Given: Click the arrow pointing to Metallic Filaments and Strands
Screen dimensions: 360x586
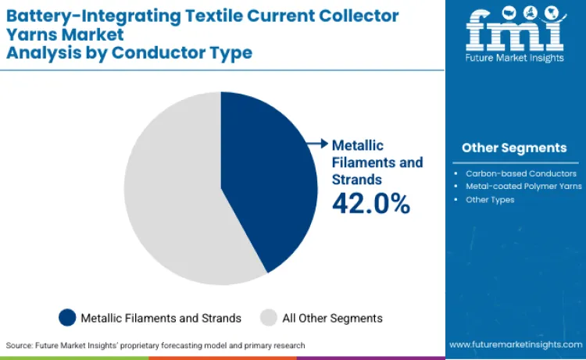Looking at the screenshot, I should pos(319,143).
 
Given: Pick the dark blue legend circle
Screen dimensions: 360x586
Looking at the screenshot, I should pos(68,318).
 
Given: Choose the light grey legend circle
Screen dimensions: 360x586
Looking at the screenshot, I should pos(268,318).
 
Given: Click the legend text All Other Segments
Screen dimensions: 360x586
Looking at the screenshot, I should pos(332,318).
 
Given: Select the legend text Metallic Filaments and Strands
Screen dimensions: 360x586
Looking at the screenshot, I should pos(161,318).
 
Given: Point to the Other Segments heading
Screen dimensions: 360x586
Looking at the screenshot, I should pos(514,148).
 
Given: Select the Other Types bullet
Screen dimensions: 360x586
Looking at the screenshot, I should pos(490,200).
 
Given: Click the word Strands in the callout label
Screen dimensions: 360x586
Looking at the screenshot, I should pos(357,180).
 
